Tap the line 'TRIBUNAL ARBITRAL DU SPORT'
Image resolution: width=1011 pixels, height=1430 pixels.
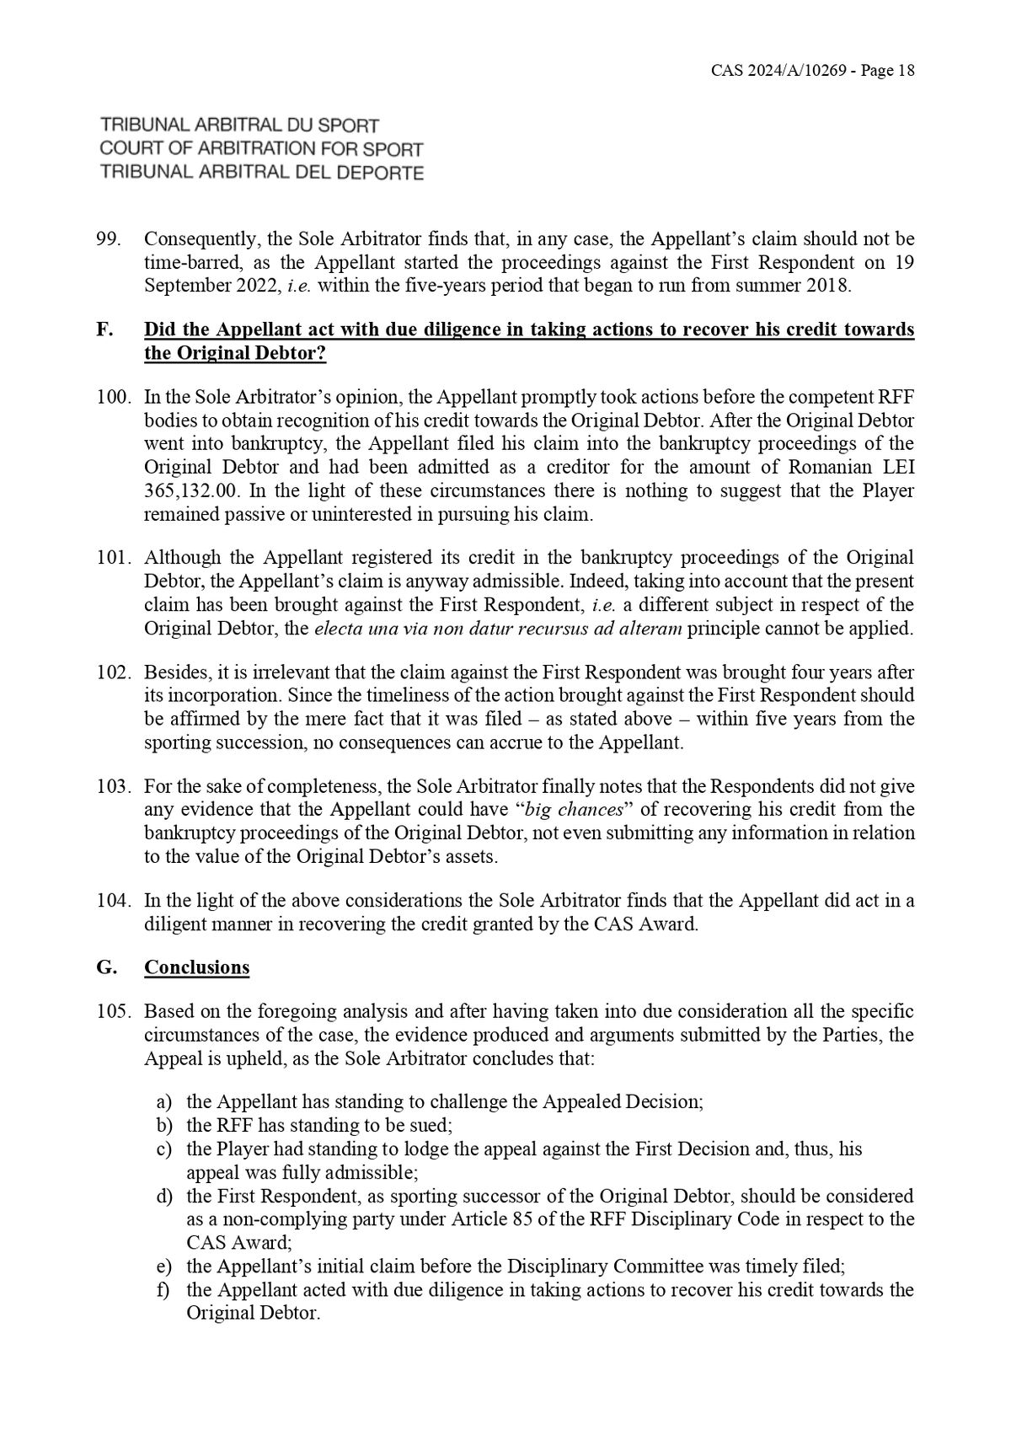239,126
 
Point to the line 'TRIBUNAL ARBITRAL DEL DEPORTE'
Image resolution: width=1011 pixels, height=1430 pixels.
261,173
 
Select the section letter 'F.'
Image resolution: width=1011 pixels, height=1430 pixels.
104,329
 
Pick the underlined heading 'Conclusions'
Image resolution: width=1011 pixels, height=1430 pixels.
196,967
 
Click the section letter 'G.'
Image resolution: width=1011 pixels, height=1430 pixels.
106,967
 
